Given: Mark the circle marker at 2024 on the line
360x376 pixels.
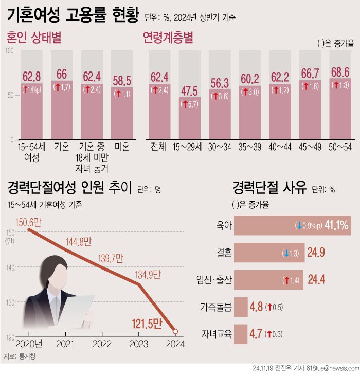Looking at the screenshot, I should [176, 331].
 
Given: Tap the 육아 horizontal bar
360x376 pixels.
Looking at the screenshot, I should [293, 225].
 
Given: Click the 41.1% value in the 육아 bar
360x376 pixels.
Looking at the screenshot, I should [337, 225].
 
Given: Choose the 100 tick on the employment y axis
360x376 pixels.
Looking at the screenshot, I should [9, 50].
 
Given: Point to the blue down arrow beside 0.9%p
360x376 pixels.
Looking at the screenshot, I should [298, 225].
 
